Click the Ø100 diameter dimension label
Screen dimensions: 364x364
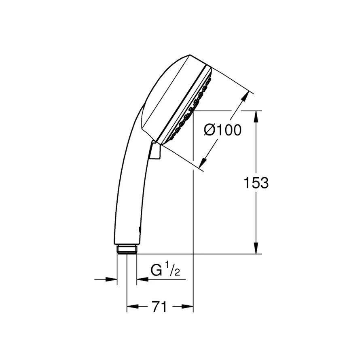(x=223, y=130)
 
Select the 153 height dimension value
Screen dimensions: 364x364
(x=256, y=183)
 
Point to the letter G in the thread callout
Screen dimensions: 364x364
(x=156, y=270)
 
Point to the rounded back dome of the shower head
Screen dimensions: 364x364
(x=162, y=89)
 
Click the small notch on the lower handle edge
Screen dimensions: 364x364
(x=140, y=230)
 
